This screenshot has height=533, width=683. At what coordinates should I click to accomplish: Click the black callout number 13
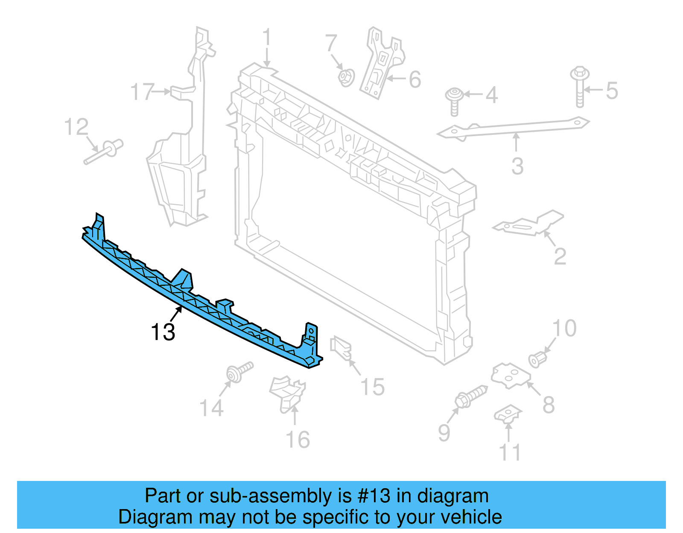coord(163,332)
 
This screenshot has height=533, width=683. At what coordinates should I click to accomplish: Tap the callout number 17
coord(142,92)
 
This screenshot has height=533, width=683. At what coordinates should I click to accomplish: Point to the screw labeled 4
coord(454,101)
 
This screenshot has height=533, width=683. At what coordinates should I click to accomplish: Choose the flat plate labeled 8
coord(511,376)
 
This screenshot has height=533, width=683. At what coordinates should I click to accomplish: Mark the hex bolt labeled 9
coord(471,395)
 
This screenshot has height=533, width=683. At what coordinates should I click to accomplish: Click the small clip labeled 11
coord(508,414)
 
